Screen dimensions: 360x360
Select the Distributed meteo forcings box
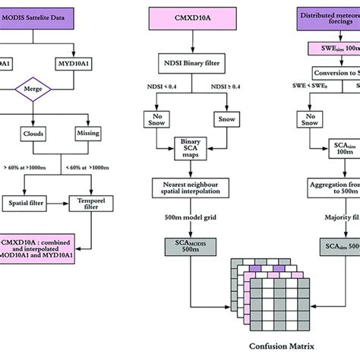329,17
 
